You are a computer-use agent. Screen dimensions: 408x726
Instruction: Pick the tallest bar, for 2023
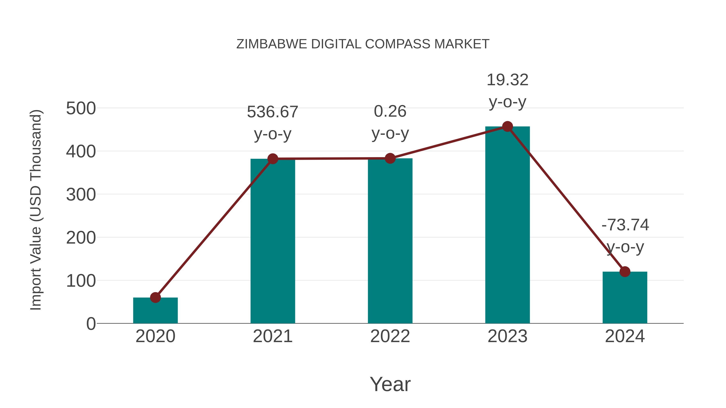(x=507, y=225)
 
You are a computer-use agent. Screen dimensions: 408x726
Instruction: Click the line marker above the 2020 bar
(x=155, y=297)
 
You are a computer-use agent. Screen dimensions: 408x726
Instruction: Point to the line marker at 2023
(x=507, y=127)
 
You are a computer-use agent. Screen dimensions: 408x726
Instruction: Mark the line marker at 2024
(x=625, y=272)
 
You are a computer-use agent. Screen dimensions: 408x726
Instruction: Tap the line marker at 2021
(x=272, y=159)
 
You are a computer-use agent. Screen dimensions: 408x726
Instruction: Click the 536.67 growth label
(x=272, y=112)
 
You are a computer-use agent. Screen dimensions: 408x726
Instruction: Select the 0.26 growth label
(x=390, y=111)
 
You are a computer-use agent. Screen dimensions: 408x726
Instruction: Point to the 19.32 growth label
(x=507, y=80)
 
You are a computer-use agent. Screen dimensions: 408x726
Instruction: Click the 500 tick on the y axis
(x=81, y=108)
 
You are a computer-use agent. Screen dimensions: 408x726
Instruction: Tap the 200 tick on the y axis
(x=81, y=238)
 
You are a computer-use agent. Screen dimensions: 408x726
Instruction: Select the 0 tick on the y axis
(x=91, y=324)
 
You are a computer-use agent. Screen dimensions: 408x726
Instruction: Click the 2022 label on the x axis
(x=390, y=336)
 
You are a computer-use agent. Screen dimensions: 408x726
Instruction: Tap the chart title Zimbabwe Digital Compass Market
(x=363, y=44)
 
